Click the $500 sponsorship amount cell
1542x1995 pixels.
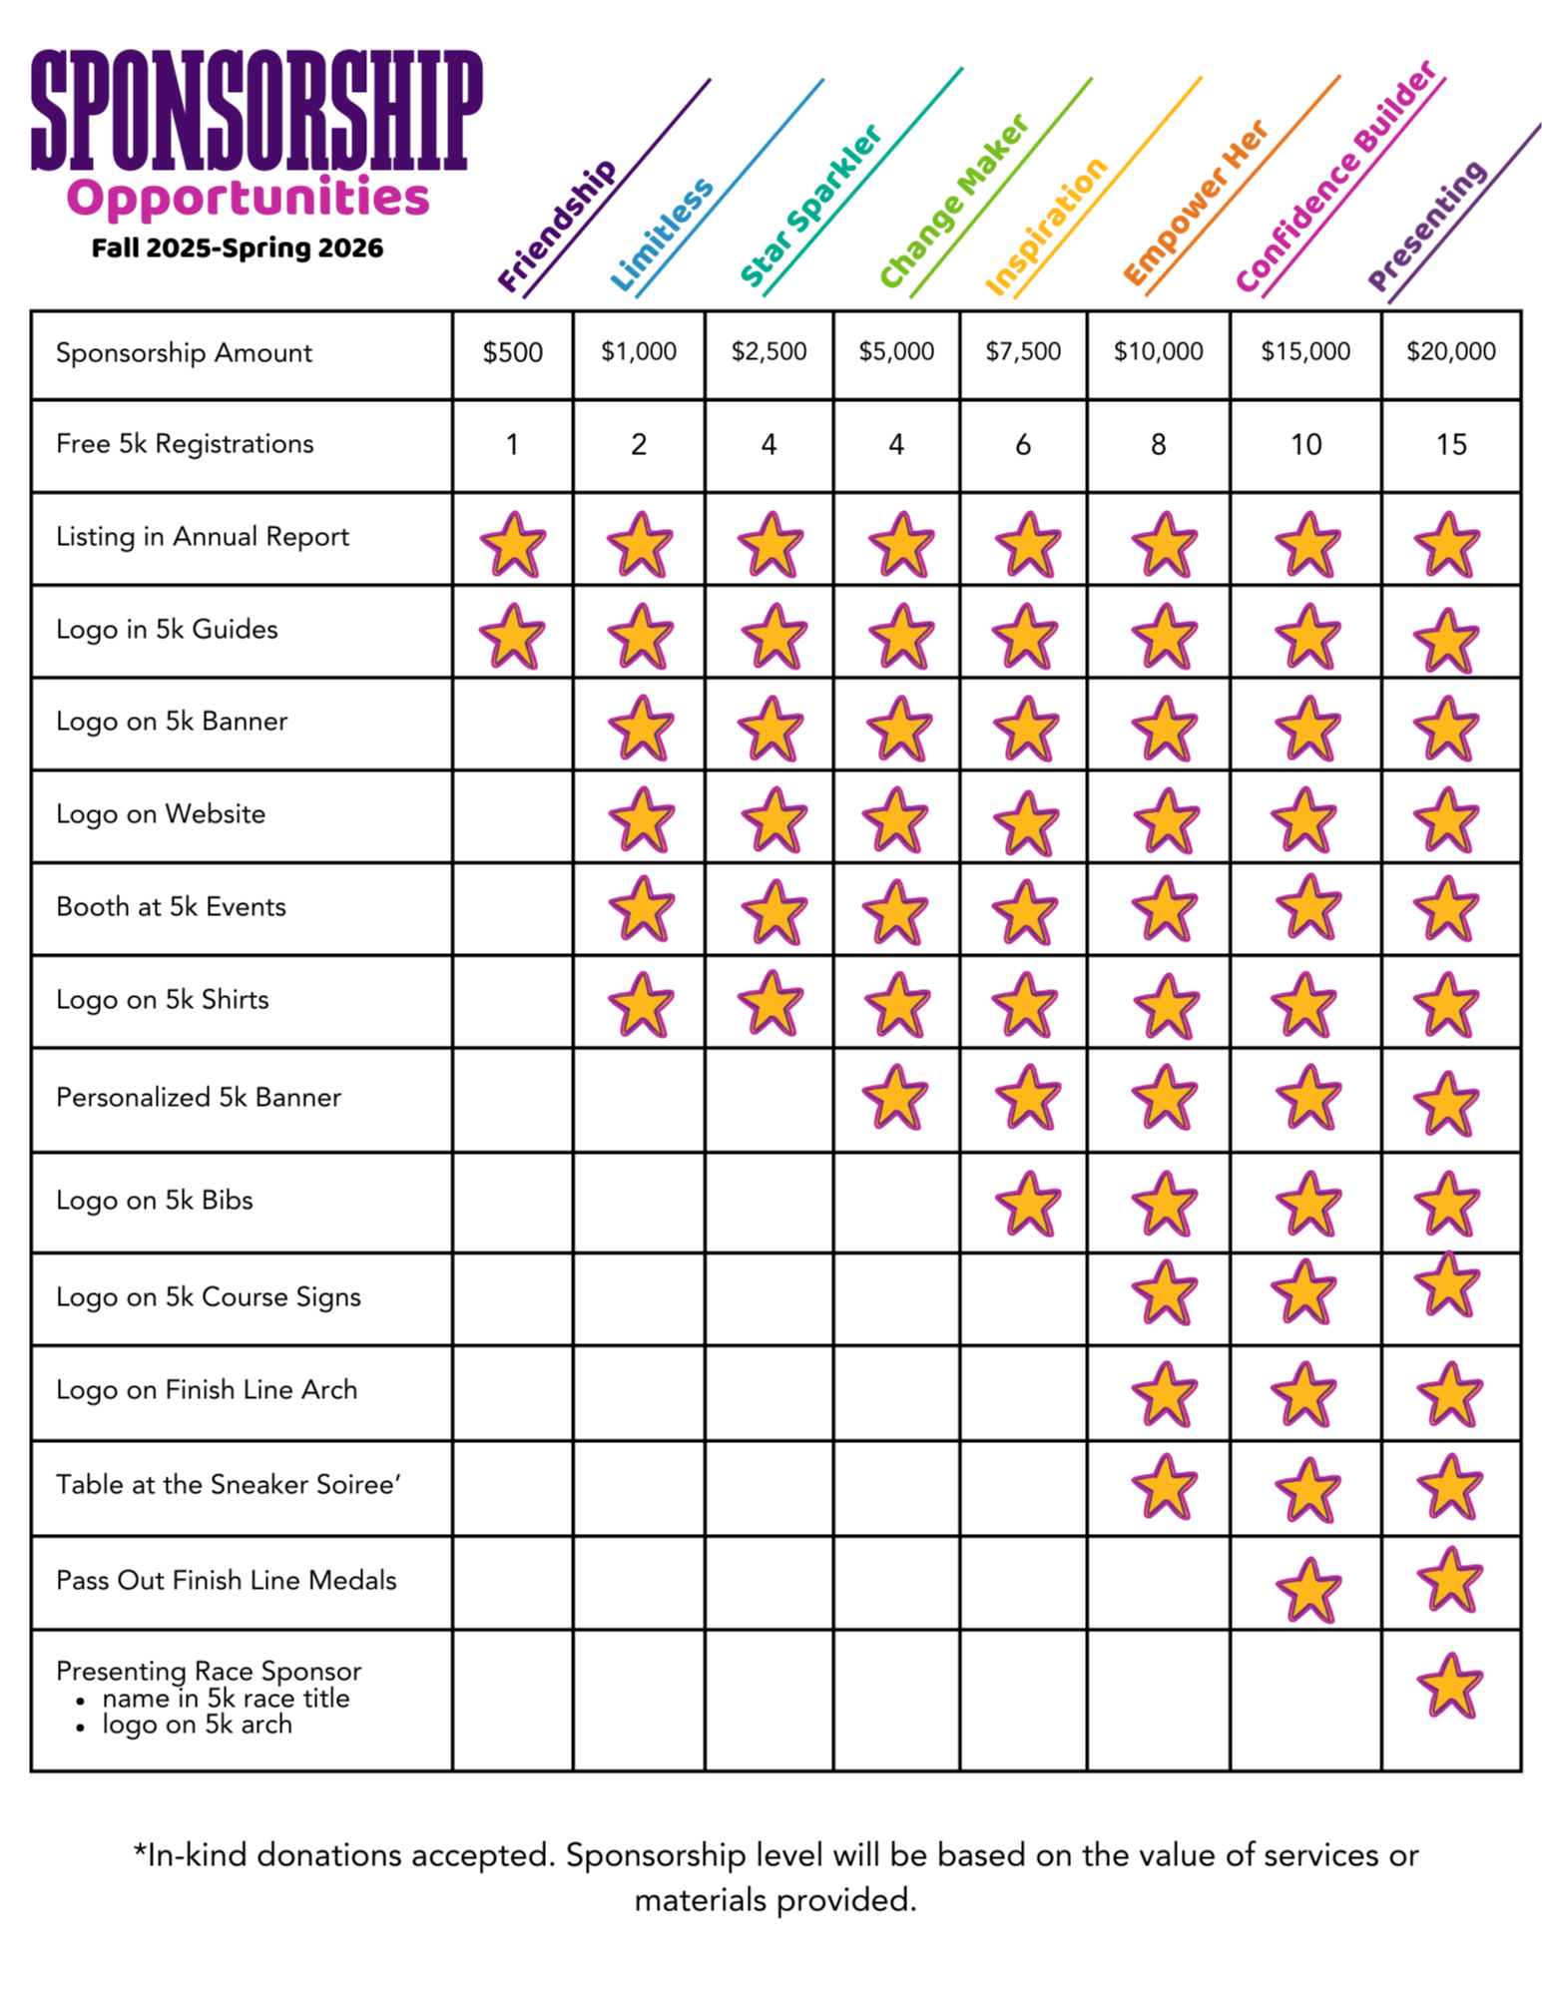pos(512,352)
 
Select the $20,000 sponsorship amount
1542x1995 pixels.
pos(1450,351)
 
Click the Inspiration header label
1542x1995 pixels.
pos(1046,227)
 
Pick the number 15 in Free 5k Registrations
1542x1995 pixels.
pos(1450,444)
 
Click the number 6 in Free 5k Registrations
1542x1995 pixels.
pos(1023,444)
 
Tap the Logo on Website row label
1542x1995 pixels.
pos(161,814)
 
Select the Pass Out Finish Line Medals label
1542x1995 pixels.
pos(227,1580)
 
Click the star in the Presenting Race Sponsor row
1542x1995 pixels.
pos(1449,1686)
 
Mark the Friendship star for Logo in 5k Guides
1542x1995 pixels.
pos(512,636)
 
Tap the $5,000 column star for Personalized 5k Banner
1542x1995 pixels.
pos(895,1097)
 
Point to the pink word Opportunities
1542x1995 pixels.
pos(248,198)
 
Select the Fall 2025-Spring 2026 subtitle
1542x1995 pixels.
pos(238,249)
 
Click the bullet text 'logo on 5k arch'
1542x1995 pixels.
pos(197,1725)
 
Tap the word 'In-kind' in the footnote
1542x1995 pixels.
pos(196,1855)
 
